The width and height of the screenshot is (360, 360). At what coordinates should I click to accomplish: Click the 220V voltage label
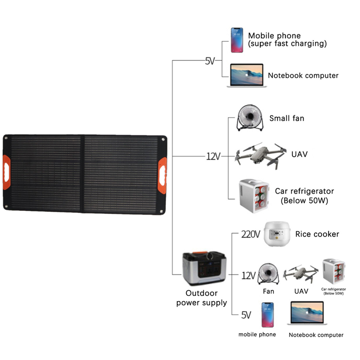250,235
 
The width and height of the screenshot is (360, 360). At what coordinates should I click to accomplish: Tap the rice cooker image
277,234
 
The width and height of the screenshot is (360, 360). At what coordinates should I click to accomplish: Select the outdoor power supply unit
204,268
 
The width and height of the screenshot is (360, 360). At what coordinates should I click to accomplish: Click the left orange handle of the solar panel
6,172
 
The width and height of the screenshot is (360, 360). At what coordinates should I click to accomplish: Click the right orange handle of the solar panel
162,175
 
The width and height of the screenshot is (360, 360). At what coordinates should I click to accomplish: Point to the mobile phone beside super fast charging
236,40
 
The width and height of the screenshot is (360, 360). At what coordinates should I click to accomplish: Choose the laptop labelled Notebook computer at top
246,76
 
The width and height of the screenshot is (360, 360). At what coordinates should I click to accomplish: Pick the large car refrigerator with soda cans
254,196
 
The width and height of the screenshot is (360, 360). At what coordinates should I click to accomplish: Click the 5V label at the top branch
210,61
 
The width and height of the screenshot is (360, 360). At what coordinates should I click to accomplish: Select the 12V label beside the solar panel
213,156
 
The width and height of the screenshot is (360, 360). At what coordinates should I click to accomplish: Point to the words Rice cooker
317,234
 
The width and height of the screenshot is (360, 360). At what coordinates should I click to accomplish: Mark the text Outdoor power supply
202,298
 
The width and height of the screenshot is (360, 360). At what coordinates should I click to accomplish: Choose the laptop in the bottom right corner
307,313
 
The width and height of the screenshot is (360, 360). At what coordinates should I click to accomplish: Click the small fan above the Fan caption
268,274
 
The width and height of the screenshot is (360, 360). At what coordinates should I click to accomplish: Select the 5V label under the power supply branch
246,315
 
